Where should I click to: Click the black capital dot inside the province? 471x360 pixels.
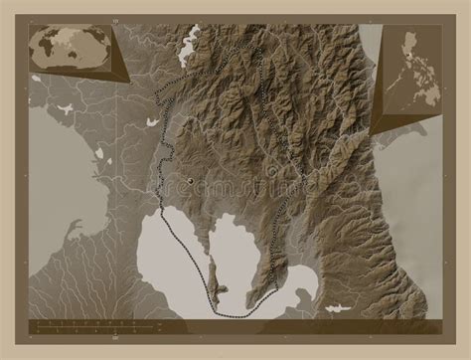click(x=189, y=179)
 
